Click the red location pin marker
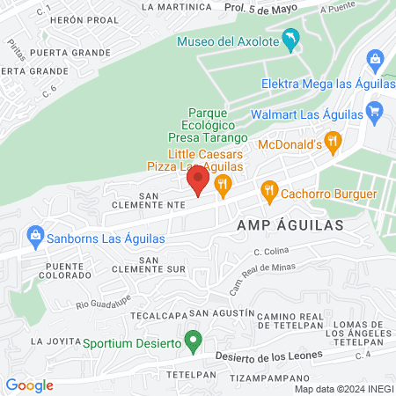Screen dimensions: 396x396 pos(197,181)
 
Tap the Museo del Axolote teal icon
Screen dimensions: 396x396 pos(291,40)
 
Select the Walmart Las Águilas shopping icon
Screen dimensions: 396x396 pos(375,111)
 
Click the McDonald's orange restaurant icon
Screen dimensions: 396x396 pos(333,140)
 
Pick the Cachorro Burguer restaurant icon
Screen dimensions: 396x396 pos(269,190)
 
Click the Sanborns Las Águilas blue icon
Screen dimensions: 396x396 pos(35,235)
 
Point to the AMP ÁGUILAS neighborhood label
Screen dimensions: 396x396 pos(291,224)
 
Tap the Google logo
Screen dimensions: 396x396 pos(30,385)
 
